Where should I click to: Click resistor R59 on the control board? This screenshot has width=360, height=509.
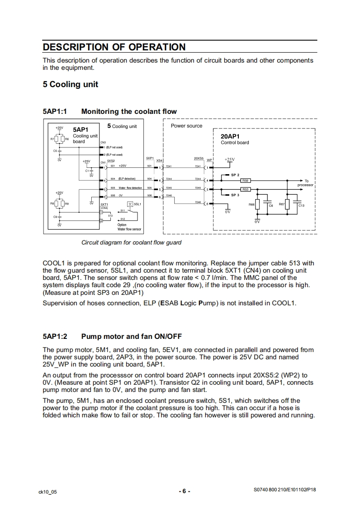pyautogui.click(x=245, y=181)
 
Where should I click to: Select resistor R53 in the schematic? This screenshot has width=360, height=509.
pyautogui.click(x=245, y=189)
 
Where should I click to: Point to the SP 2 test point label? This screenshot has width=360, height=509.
pyautogui.click(x=235, y=175)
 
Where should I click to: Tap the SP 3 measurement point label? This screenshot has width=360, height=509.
pyautogui.click(x=235, y=195)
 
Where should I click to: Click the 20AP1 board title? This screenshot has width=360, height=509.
pyautogui.click(x=230, y=136)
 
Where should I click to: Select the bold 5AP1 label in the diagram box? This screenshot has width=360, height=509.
pyautogui.click(x=82, y=129)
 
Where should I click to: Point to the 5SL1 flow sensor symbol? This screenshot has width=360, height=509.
pyautogui.click(x=130, y=204)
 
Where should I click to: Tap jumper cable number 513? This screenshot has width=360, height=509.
pyautogui.click(x=110, y=215)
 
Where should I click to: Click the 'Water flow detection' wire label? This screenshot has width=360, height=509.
pyautogui.click(x=130, y=188)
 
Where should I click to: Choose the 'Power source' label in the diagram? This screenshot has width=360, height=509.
pyautogui.click(x=186, y=126)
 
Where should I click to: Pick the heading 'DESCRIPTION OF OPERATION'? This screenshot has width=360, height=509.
pyautogui.click(x=114, y=47)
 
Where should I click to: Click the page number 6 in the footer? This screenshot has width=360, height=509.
pyautogui.click(x=184, y=491)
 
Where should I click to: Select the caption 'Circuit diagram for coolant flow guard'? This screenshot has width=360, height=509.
pyautogui.click(x=131, y=242)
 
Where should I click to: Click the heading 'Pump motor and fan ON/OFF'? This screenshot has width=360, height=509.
pyautogui.click(x=132, y=336)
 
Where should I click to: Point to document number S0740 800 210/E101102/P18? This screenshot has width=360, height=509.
pyautogui.click(x=285, y=490)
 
